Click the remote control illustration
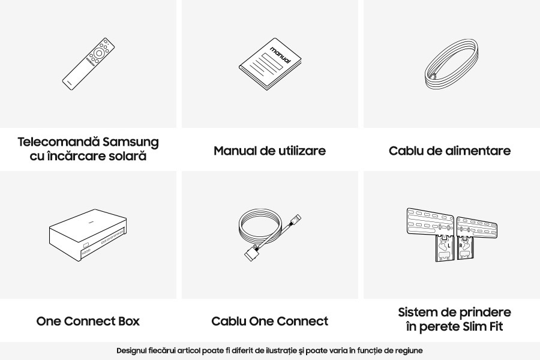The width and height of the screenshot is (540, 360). pos(88,64)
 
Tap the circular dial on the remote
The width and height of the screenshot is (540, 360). pos(99,53)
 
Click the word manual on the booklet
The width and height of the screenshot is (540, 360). pos(280,55)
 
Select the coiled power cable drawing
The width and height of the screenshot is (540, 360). pos(451,65)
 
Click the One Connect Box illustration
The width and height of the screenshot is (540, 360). pos(88,235)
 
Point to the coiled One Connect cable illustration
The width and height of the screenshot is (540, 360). pos(269,236)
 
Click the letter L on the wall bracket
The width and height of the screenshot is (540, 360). pos(449,245)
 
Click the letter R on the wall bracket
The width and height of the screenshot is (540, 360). pos(461,245)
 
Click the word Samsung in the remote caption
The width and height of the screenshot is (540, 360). pos(131,142)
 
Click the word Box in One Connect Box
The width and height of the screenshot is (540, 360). pos(129,321)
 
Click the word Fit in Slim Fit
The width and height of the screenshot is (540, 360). pos(494,326)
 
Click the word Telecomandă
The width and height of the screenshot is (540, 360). pos(59,142)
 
